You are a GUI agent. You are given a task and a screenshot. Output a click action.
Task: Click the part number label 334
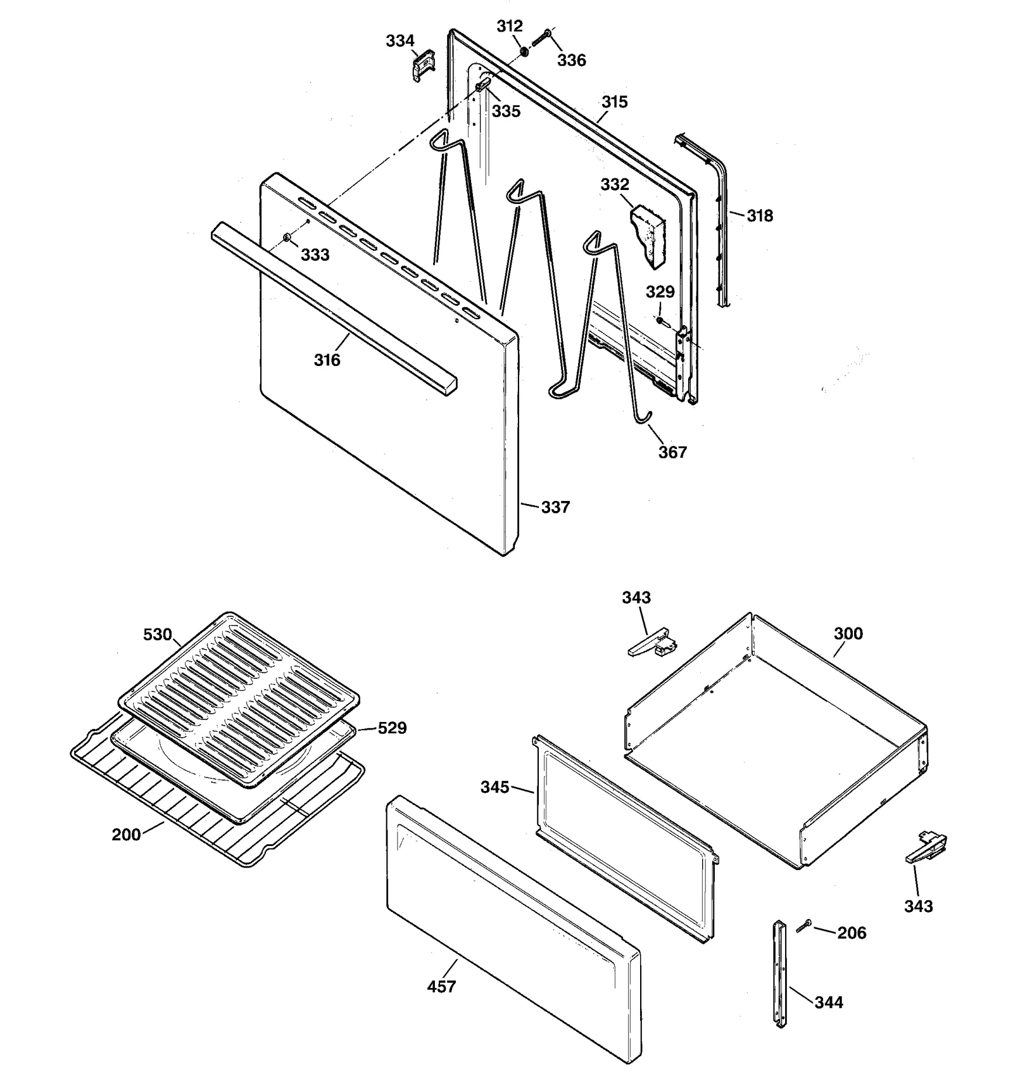400,41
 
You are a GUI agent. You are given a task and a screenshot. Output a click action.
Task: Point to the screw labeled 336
540,38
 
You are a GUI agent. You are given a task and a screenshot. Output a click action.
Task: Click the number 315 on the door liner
614,102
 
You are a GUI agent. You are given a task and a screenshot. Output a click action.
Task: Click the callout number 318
760,216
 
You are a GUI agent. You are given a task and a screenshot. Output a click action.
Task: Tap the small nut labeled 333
287,237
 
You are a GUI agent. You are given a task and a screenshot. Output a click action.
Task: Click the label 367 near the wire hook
672,452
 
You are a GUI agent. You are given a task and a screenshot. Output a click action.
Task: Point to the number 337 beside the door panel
555,507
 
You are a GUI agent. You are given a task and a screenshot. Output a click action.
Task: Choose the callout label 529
392,728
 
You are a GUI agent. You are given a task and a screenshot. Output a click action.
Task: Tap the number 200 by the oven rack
126,835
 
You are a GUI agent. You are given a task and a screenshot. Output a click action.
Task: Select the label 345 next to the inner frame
495,787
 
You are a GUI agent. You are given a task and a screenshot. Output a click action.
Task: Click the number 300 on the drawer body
848,634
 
